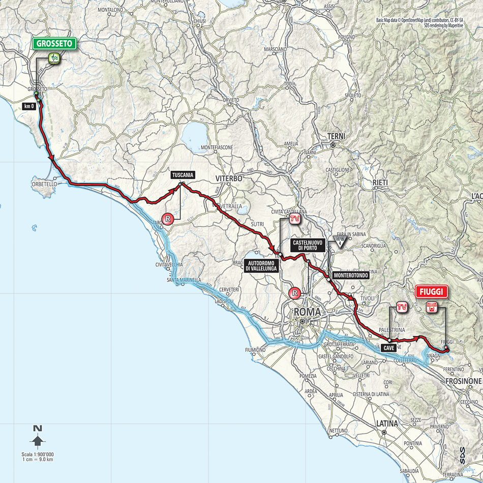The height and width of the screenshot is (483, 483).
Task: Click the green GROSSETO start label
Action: (55, 44)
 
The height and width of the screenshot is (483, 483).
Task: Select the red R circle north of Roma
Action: (294, 292)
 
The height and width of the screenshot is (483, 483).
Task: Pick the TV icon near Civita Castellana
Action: (294, 219)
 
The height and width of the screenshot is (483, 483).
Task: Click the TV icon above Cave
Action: (401, 307)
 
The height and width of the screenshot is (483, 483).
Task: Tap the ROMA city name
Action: (304, 312)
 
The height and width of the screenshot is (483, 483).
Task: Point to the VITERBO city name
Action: (228, 178)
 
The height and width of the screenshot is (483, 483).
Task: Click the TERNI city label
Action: (336, 136)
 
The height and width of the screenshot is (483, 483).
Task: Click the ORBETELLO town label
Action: (43, 184)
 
